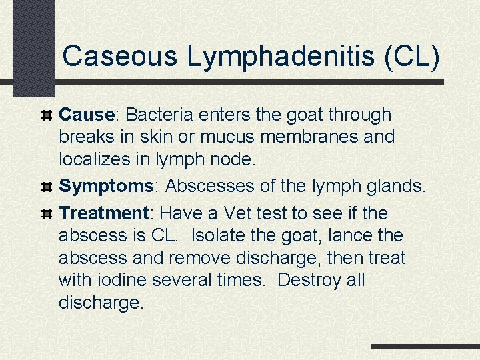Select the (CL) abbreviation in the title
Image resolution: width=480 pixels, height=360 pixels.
click(412, 56)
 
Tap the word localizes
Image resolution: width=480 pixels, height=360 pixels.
click(99, 160)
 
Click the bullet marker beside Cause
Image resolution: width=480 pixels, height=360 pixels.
click(47, 115)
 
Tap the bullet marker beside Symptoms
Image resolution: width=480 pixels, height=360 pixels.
click(47, 187)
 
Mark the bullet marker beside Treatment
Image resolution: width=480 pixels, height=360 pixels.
click(47, 214)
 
